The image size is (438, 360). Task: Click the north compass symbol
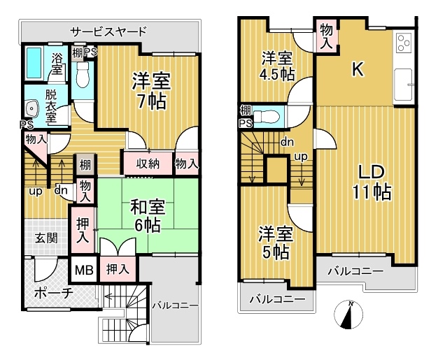(348, 315)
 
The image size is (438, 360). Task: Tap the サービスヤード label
(108, 31)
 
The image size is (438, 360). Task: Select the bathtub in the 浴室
(34, 63)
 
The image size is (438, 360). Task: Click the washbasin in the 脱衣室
(31, 108)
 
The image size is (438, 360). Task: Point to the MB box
(84, 270)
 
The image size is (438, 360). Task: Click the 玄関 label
(46, 238)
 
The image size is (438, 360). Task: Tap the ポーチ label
(54, 294)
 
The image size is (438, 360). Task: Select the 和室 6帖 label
(148, 216)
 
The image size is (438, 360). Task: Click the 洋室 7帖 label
(151, 90)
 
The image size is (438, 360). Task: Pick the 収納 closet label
(148, 164)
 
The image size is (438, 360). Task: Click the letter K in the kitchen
(358, 69)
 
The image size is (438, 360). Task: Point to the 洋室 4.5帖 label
(277, 66)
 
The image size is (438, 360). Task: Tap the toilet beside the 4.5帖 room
(266, 116)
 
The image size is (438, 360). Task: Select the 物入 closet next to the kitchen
(326, 36)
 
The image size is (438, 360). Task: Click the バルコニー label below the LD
(355, 271)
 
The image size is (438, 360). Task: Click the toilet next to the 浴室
(82, 74)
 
